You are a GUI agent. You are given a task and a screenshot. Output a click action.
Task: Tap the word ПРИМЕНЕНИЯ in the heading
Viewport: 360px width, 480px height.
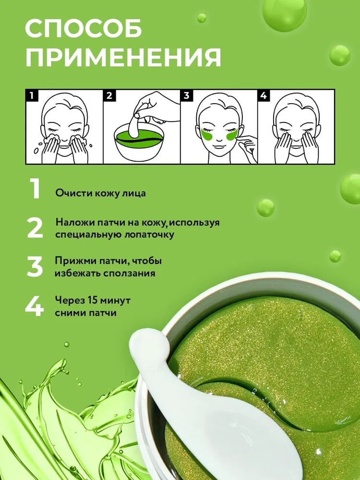123,57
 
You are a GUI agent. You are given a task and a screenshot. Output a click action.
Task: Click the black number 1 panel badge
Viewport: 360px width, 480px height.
31,95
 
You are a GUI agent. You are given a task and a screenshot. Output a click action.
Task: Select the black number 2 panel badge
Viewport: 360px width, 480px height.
108,95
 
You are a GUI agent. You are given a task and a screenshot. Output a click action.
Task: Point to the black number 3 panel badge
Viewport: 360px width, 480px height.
186,95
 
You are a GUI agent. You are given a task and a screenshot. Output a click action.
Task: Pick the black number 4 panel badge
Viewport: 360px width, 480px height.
263,95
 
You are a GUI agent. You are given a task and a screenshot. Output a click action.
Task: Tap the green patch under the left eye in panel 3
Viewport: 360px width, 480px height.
208,134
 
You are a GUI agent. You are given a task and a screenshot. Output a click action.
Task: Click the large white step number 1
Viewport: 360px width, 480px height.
35,189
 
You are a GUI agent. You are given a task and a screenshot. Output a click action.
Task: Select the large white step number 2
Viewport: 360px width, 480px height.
35,228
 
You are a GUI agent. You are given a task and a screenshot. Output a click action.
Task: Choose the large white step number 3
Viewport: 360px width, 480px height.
35,266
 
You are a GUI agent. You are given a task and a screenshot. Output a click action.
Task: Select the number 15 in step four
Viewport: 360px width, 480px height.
93,300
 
